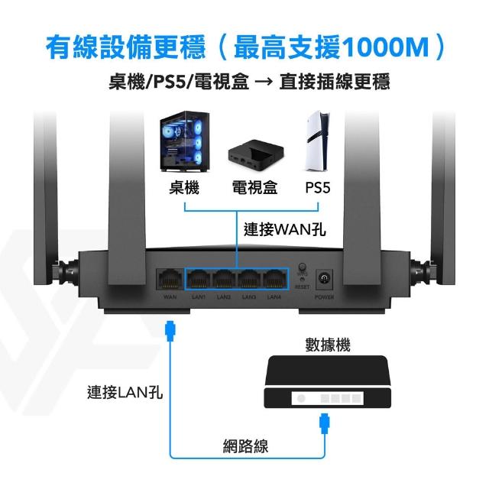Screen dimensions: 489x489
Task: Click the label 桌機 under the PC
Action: click(185, 187)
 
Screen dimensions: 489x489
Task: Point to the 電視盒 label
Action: click(254, 187)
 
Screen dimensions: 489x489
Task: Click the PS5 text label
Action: click(317, 187)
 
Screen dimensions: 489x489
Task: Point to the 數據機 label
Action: click(327, 345)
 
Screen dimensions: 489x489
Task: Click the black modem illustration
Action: click(325, 385)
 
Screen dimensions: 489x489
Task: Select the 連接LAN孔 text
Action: click(124, 393)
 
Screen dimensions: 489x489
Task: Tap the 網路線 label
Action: click(245, 446)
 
